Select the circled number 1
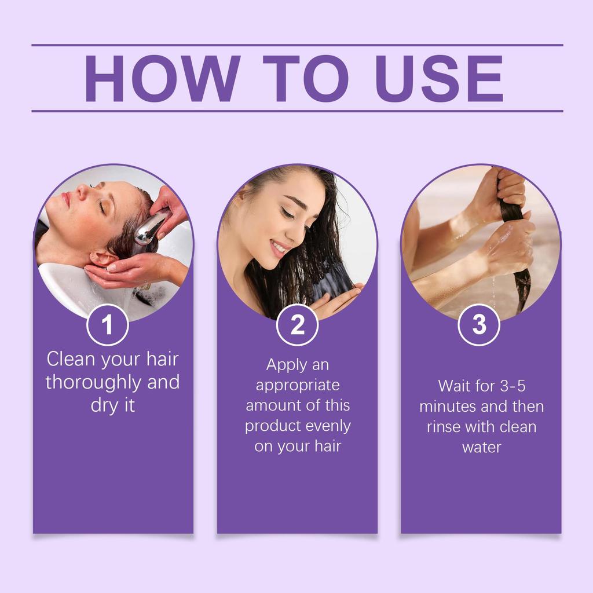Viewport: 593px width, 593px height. [107, 325]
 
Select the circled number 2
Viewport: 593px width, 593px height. [297, 325]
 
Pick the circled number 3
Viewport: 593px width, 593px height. [479, 325]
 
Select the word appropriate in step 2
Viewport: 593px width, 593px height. [298, 386]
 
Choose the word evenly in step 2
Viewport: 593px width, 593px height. [327, 426]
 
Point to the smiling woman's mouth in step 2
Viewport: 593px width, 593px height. [278, 248]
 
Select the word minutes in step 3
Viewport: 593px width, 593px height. [448, 407]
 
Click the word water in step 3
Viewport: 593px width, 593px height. [481, 447]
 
